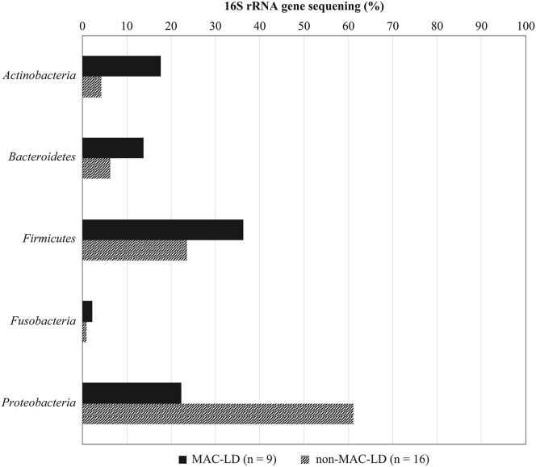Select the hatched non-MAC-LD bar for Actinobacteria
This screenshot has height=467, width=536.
(92, 87)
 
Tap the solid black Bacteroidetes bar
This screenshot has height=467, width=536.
(113, 148)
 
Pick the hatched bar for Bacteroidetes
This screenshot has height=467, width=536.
(96, 169)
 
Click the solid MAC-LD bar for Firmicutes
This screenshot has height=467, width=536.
(162, 229)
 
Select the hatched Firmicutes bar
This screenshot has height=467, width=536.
(135, 251)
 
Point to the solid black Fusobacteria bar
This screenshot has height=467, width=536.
(87, 311)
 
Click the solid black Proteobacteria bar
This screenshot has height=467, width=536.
(132, 393)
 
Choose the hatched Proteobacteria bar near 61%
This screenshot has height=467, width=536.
(218, 413)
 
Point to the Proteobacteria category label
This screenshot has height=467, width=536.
(40, 402)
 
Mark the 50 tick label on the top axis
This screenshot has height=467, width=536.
(304, 27)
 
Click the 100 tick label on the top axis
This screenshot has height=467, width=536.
(525, 27)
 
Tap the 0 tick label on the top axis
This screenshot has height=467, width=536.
(83, 27)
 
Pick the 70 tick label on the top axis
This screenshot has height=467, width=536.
(392, 27)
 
